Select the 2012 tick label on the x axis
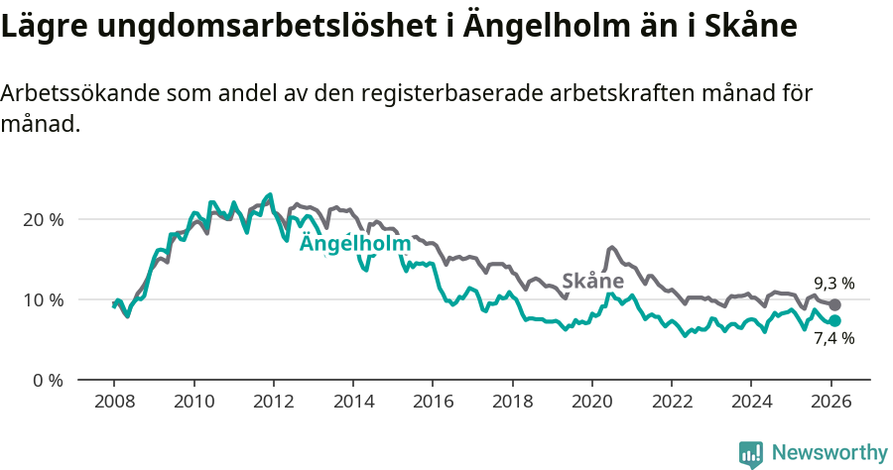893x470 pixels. [x=273, y=404]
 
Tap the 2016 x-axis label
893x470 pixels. [x=432, y=404]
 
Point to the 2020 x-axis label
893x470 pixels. [x=591, y=404]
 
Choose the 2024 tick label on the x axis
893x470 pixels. [x=750, y=404]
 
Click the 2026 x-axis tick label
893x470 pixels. [x=830, y=404]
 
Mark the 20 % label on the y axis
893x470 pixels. [x=42, y=219]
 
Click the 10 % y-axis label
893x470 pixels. [x=42, y=299]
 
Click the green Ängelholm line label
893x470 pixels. [x=354, y=244]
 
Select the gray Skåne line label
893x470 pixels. [x=593, y=281]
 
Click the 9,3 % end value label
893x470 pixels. [x=833, y=283]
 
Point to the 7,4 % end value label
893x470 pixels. [x=833, y=338]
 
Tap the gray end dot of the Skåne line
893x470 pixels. [x=835, y=305]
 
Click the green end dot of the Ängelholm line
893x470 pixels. [x=835, y=321]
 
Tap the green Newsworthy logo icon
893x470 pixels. [x=751, y=454]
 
